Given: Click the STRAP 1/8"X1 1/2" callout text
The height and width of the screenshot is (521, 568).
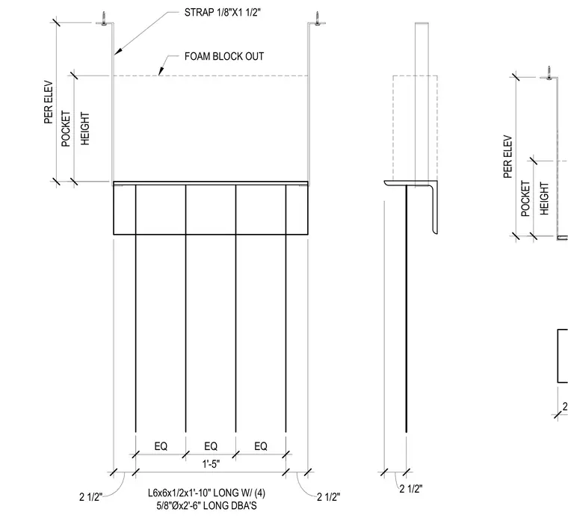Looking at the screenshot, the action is click(x=223, y=12).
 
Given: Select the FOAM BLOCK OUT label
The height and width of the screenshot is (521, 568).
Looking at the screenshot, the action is click(x=224, y=57).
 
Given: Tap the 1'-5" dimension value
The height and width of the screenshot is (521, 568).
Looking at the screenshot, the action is click(x=211, y=463).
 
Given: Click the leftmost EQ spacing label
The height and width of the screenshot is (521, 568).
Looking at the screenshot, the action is click(x=161, y=446).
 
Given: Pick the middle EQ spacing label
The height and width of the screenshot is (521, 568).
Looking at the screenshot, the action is click(x=211, y=446).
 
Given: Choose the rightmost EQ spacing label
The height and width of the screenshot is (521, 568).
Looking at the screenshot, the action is click(x=261, y=446).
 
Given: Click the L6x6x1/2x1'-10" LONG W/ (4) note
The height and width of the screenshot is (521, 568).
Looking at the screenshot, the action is click(x=206, y=493).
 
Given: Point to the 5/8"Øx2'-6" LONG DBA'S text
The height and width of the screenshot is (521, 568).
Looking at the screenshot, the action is click(x=206, y=505).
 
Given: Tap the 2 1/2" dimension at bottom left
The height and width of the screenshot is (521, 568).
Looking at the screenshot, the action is click(x=91, y=497).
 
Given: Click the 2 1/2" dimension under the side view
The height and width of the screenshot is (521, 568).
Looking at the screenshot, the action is click(x=411, y=489).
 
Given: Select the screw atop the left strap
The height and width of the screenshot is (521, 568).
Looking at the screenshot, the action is click(x=104, y=19).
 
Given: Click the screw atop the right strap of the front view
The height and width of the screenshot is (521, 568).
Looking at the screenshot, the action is click(x=318, y=19).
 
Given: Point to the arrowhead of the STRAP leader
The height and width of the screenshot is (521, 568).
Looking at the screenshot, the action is click(x=117, y=52).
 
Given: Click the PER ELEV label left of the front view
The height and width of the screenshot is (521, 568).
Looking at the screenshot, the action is click(x=49, y=102).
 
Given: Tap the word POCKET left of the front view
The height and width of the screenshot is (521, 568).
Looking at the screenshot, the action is click(x=66, y=129).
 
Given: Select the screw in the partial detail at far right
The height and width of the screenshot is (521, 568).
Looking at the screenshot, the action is click(x=549, y=73).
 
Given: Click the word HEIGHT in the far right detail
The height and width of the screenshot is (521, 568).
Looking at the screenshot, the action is click(x=544, y=199).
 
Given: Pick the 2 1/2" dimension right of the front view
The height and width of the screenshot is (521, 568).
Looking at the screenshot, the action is click(x=329, y=497).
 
